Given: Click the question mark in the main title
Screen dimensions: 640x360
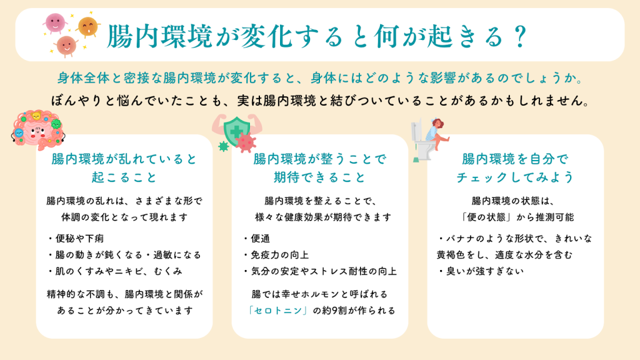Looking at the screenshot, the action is click(x=521, y=36).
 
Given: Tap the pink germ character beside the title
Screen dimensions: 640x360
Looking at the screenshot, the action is click(x=55, y=23).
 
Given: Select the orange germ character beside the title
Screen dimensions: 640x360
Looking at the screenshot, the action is click(x=87, y=27).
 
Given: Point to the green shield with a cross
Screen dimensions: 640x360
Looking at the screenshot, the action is click(x=236, y=131).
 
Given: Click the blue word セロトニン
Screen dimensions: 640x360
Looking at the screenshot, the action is click(x=278, y=311).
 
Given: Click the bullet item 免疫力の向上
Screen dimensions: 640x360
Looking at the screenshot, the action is click(x=276, y=255).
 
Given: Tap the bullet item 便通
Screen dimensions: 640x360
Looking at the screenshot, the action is click(x=256, y=239).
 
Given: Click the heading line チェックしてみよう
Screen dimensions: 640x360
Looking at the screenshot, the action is click(x=515, y=177).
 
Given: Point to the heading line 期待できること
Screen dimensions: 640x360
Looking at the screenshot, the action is click(x=319, y=177).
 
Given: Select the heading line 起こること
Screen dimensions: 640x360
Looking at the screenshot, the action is click(x=124, y=177).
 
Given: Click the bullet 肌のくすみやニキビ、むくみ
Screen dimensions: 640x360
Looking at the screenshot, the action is click(x=115, y=271).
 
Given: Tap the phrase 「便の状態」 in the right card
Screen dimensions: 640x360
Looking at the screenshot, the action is click(x=486, y=217).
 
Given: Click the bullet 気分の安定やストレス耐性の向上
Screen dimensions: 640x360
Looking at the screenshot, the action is click(x=319, y=271).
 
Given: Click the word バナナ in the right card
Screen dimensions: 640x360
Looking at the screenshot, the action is click(x=461, y=239).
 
